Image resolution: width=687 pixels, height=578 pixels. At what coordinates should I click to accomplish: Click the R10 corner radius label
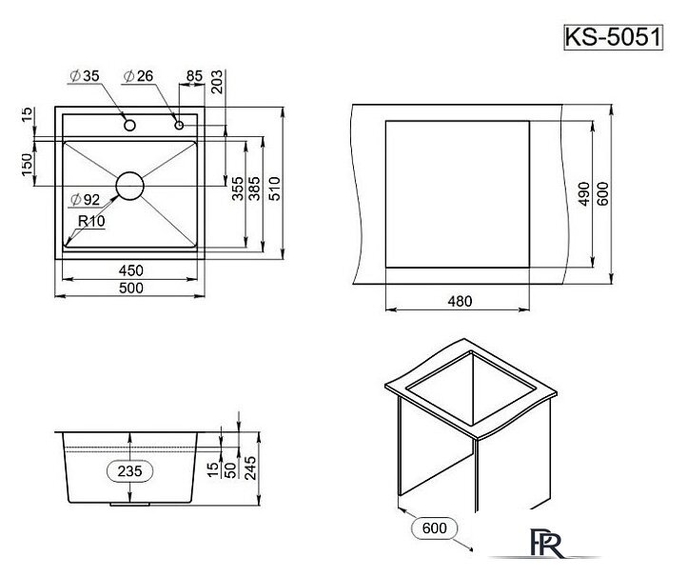coord(90,221)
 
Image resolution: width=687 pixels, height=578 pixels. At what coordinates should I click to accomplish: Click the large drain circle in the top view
coord(129,186)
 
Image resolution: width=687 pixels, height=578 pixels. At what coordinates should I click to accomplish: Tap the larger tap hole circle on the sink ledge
coord(128,124)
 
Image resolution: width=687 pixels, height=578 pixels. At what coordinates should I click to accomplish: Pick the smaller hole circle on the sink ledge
coord(178,125)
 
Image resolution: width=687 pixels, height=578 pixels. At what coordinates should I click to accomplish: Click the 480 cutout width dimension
coord(460,301)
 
